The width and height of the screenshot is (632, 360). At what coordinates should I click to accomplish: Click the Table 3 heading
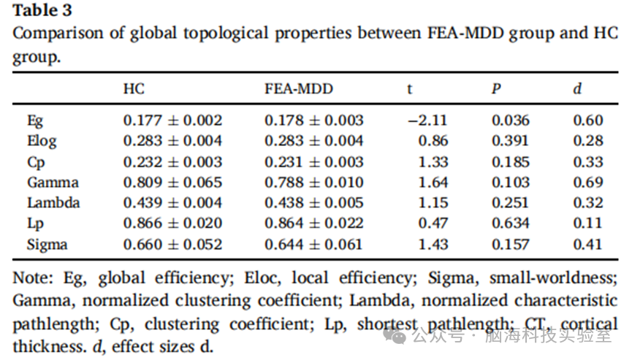(x=42, y=10)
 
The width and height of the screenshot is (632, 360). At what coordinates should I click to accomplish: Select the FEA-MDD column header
(x=299, y=88)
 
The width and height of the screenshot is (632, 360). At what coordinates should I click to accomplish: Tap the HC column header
(x=134, y=88)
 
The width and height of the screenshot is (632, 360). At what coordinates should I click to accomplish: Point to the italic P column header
(x=496, y=88)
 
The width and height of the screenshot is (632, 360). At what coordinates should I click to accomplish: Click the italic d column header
(x=578, y=88)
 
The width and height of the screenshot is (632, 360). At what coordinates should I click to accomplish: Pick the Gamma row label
(x=53, y=183)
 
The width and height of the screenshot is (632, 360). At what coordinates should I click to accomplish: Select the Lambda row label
(x=53, y=202)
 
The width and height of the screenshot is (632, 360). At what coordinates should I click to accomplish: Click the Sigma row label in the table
(x=47, y=245)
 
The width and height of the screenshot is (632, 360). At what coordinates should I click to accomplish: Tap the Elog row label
(x=42, y=142)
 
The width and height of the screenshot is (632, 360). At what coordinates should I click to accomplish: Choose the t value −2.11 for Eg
(x=427, y=120)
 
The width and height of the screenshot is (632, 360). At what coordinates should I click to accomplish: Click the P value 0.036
(x=510, y=120)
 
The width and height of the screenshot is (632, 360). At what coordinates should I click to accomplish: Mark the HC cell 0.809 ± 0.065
(x=172, y=183)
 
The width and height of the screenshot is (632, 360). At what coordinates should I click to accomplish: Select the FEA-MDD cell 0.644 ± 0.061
(x=314, y=244)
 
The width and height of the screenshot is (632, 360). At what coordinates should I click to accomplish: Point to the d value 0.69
(x=588, y=183)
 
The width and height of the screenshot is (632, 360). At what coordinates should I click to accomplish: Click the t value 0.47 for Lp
(x=433, y=223)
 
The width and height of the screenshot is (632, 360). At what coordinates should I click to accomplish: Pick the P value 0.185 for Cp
(x=510, y=162)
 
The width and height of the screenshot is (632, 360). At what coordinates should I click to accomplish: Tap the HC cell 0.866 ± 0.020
(x=172, y=223)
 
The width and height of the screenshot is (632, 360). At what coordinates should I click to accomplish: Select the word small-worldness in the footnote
(x=553, y=278)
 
